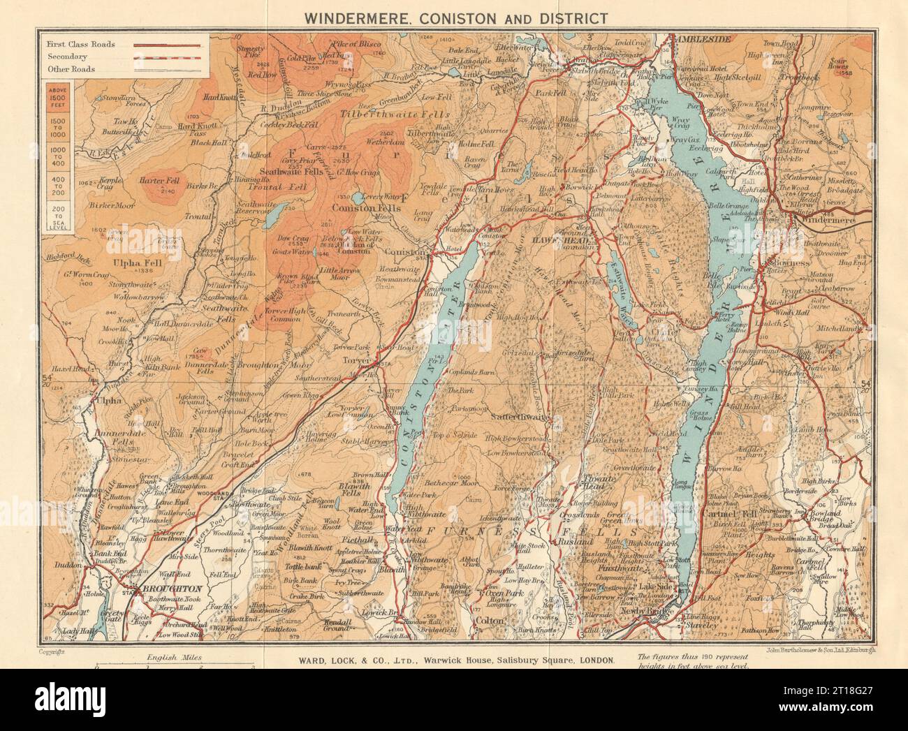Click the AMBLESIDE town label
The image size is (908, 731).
pos(705,40)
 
